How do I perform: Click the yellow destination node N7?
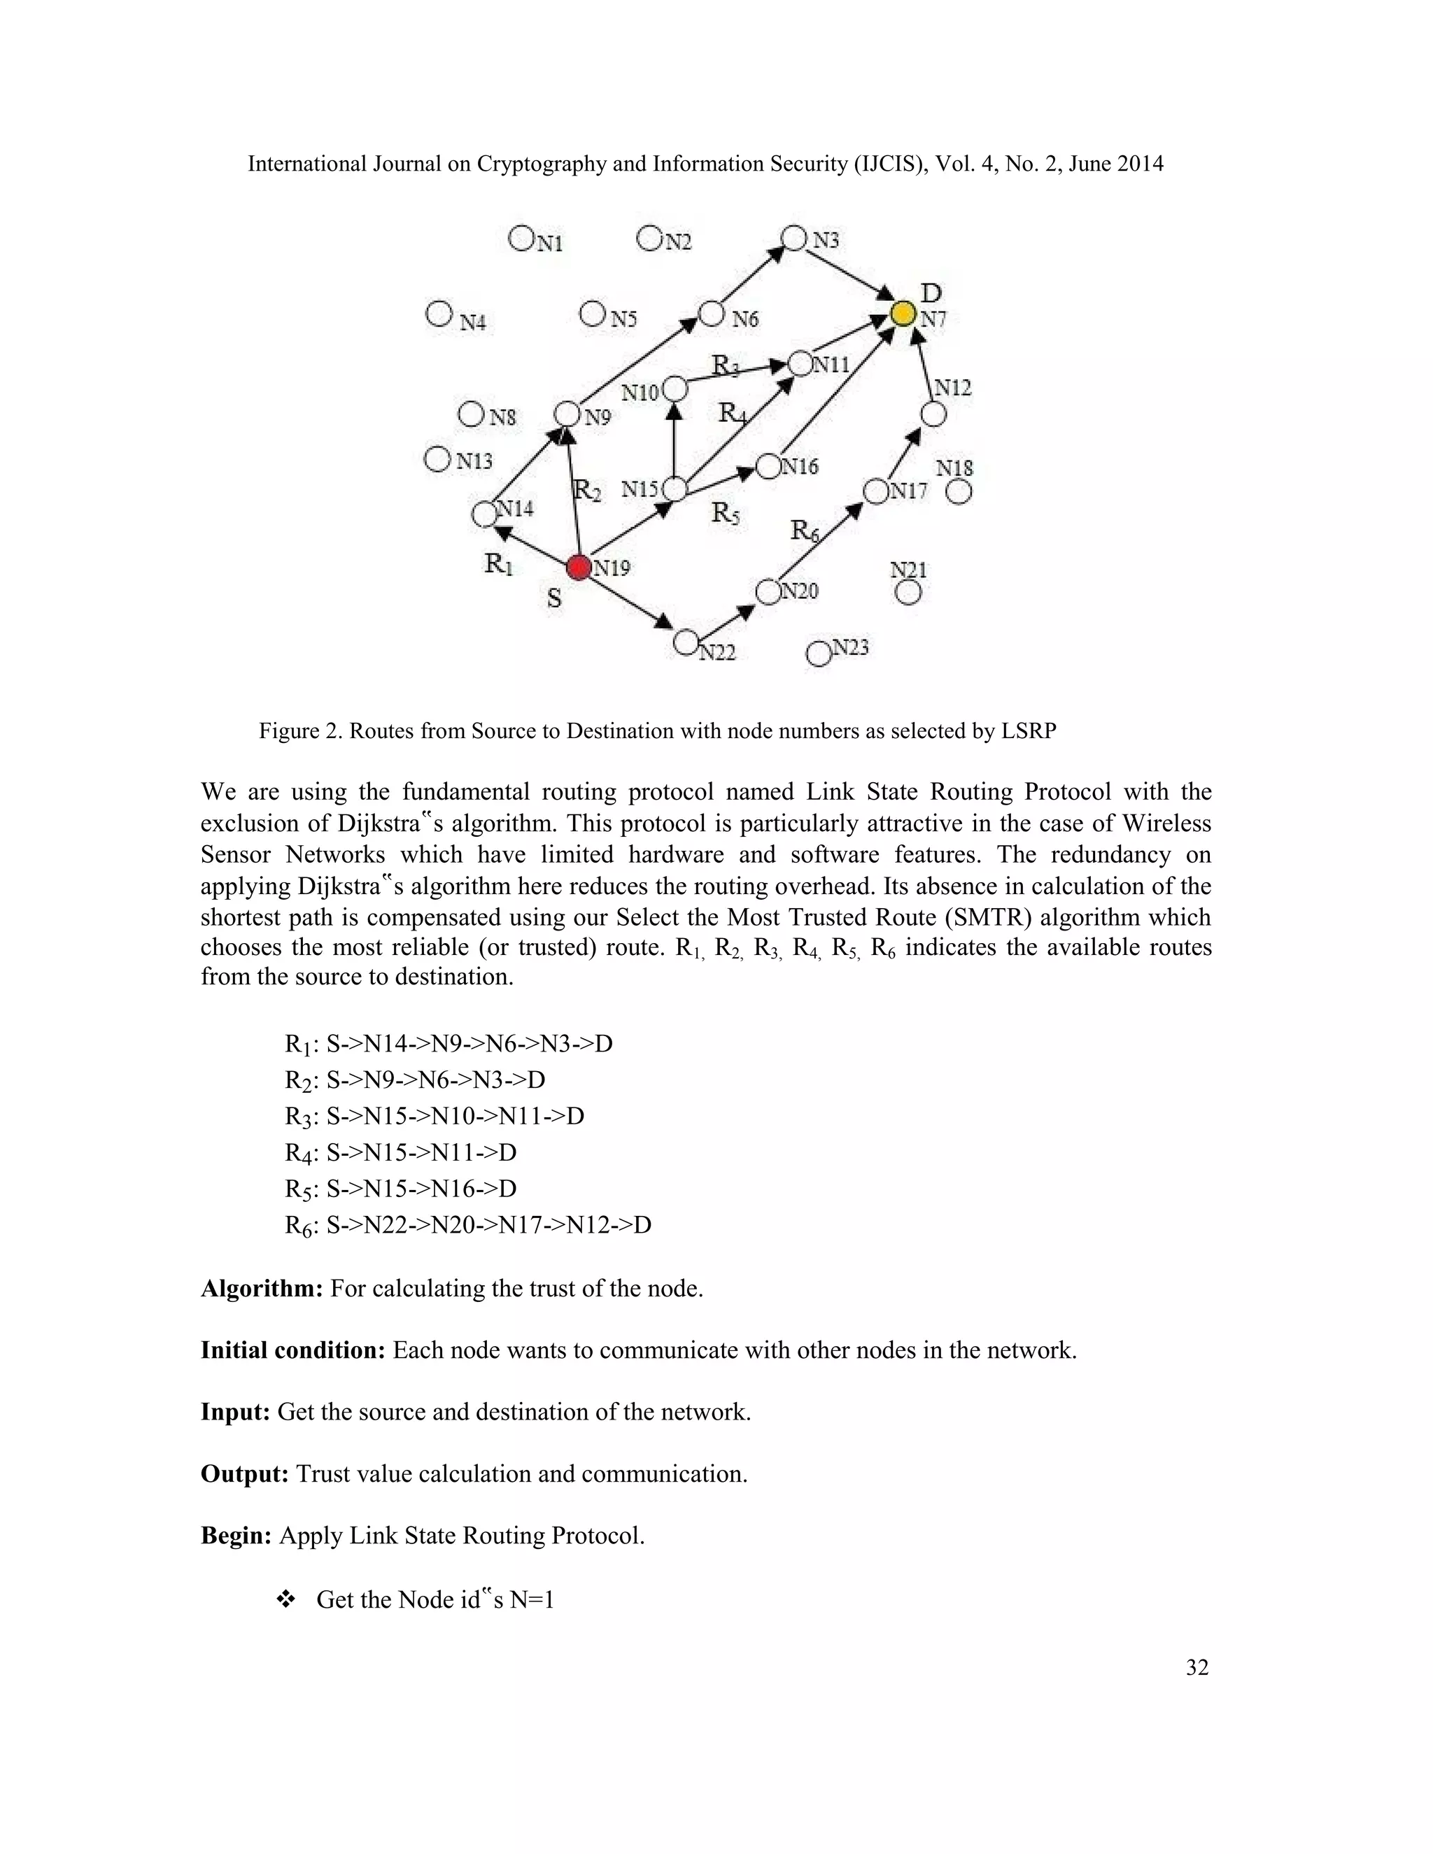[903, 314]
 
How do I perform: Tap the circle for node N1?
[521, 238]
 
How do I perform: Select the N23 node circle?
[819, 653]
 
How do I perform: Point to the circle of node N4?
[438, 314]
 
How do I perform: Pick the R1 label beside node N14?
[498, 562]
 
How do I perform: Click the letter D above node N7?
[931, 294]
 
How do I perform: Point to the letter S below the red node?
[553, 598]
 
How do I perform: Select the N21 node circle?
[908, 593]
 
